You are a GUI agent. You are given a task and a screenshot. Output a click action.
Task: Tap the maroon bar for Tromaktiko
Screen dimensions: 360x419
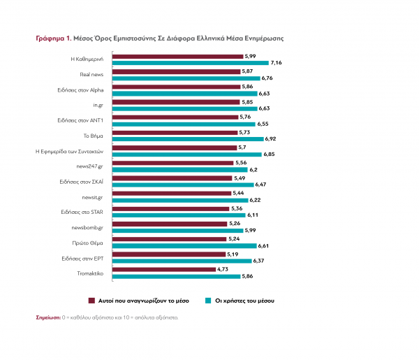(164, 269)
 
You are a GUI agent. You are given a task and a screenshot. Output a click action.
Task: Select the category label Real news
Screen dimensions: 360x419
(93, 73)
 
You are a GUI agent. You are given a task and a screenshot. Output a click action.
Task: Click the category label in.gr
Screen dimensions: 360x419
(98, 103)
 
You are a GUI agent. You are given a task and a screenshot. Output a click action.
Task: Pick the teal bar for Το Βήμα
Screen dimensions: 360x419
(186, 139)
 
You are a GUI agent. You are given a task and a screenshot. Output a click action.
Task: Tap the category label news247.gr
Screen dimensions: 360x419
(92, 165)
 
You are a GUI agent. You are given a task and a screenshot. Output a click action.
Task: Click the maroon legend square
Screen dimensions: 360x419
(91, 300)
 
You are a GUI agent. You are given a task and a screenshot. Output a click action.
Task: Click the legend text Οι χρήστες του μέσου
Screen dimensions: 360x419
(246, 300)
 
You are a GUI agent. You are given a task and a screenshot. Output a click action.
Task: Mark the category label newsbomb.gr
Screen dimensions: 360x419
(91, 226)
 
